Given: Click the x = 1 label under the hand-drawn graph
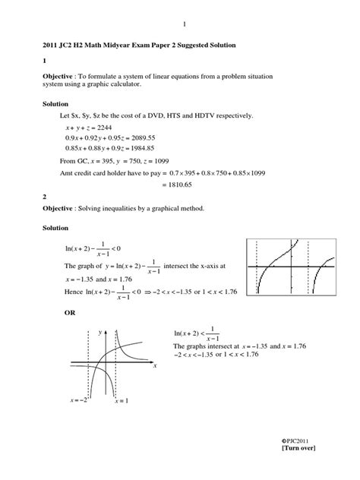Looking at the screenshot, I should point(122,400).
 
